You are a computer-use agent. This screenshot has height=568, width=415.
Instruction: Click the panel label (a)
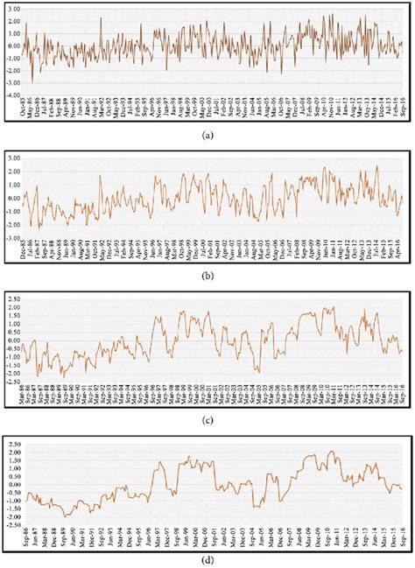coord(207,136)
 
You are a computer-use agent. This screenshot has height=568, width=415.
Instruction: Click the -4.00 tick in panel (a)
coord(13,95)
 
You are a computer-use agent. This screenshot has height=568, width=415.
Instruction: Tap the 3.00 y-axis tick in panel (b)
coord(14,158)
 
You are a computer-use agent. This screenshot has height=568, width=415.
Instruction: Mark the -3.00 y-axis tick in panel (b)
coord(13,236)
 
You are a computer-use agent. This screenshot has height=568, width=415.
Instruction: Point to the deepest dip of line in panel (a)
coord(32,81)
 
